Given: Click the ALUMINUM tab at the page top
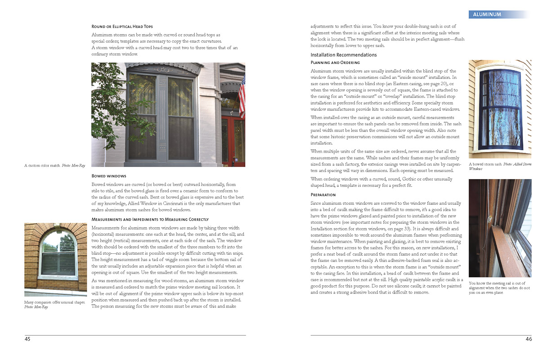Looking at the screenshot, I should click(487, 14).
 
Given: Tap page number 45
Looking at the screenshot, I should click(27, 339).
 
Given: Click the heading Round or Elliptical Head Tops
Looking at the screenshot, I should click(125, 27).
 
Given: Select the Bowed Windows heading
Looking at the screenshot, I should click(108, 176).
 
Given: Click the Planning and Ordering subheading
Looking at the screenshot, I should click(335, 62).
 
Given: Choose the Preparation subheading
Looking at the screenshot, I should click(323, 195).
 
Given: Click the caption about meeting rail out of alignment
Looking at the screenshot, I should click(499, 285).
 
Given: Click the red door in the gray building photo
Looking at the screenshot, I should click(233, 139).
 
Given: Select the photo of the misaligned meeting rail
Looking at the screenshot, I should click(500, 228).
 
